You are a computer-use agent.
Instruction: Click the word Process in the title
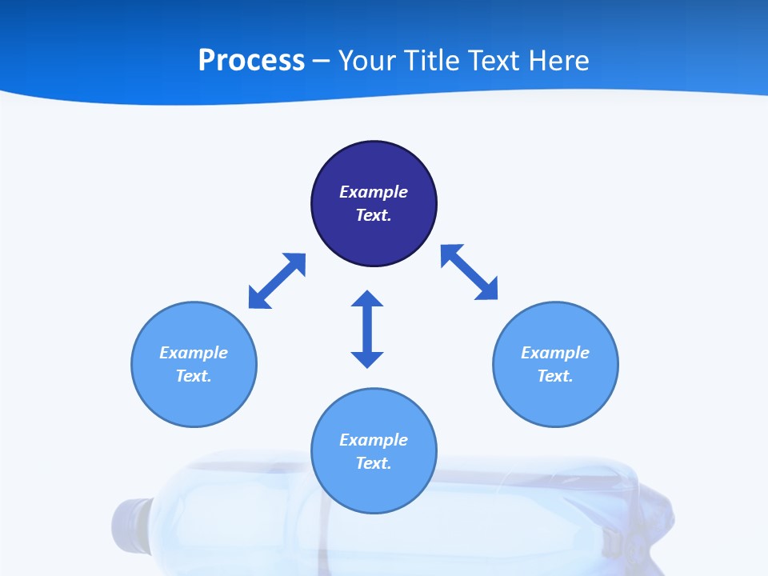point(251,61)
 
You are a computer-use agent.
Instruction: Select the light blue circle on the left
point(194,400)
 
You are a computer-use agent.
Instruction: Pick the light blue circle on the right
point(555,400)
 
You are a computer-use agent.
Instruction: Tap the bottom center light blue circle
point(374,488)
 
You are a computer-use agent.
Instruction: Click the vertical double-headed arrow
point(367,329)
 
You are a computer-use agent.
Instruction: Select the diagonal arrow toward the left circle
point(277,281)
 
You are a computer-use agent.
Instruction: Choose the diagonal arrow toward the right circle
point(470,272)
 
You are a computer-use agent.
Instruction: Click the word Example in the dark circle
point(374,192)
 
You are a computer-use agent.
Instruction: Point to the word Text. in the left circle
point(194,376)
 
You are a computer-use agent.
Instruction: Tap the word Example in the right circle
point(555,353)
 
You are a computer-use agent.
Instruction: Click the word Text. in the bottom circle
point(374,463)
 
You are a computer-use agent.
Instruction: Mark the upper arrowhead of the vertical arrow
point(367,299)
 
